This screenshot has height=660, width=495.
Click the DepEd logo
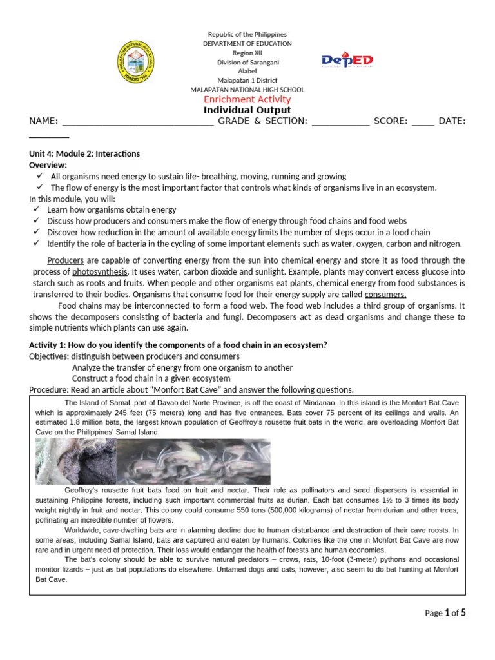click(x=347, y=61)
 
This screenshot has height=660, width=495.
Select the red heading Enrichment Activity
click(x=247, y=99)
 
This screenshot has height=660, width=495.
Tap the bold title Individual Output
click(x=247, y=110)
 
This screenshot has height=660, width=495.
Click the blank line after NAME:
click(x=137, y=121)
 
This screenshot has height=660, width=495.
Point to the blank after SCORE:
click(x=422, y=121)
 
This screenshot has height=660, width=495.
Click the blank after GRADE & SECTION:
click(x=340, y=121)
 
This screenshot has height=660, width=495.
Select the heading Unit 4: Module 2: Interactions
click(x=84, y=154)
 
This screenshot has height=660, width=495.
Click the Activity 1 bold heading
click(x=178, y=345)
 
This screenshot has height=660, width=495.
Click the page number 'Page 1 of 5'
click(x=445, y=613)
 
